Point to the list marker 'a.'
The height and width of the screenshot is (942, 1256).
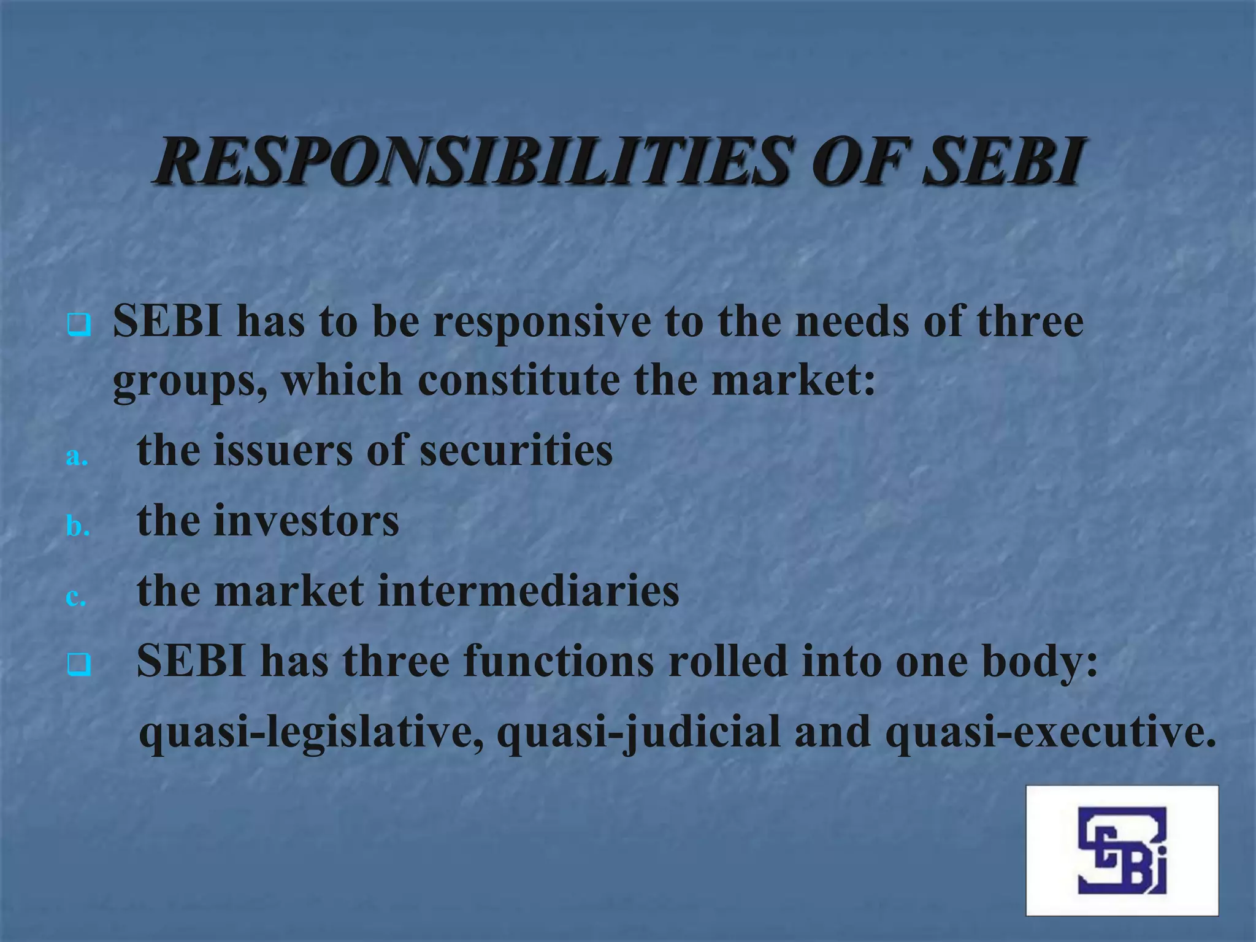[x=77, y=457]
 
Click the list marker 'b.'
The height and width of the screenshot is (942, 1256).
[x=77, y=526]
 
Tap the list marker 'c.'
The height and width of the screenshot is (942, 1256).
[x=76, y=597]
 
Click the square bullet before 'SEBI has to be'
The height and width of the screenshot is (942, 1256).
[x=79, y=325]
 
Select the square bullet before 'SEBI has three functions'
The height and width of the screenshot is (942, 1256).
[x=79, y=665]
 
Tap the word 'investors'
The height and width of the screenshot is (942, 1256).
[x=306, y=521]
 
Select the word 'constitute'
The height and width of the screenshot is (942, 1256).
[x=518, y=380]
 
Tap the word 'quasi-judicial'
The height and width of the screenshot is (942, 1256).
[x=638, y=732]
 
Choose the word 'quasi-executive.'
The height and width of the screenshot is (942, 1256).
[x=1051, y=732]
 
